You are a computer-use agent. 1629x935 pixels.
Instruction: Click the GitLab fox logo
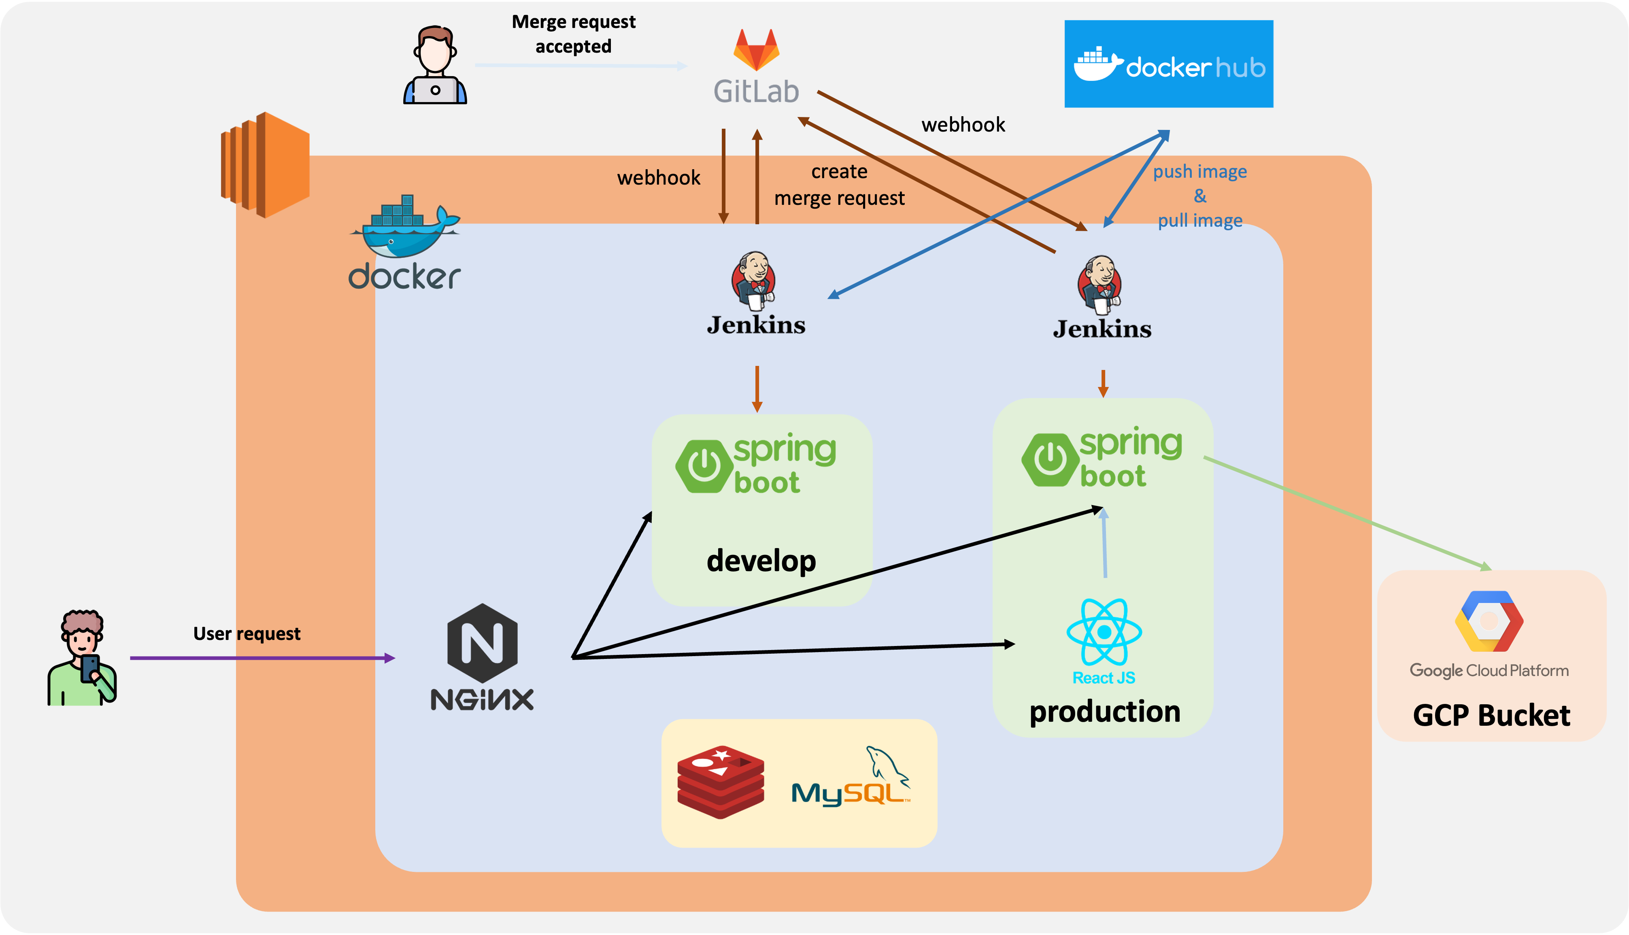click(756, 50)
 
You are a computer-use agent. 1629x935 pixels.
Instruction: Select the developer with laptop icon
click(435, 66)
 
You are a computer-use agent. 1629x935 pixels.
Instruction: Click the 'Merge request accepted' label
click(573, 34)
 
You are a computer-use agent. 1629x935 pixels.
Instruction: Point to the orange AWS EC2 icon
click(265, 165)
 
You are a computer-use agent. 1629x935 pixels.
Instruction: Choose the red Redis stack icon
click(721, 782)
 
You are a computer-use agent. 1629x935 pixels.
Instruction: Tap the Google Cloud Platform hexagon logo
click(1489, 622)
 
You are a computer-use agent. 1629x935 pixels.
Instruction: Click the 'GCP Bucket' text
click(1491, 715)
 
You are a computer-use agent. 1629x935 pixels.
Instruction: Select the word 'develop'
click(761, 561)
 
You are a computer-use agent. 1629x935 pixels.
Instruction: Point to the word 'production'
click(1104, 712)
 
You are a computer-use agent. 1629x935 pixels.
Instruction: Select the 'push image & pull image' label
click(1199, 196)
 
